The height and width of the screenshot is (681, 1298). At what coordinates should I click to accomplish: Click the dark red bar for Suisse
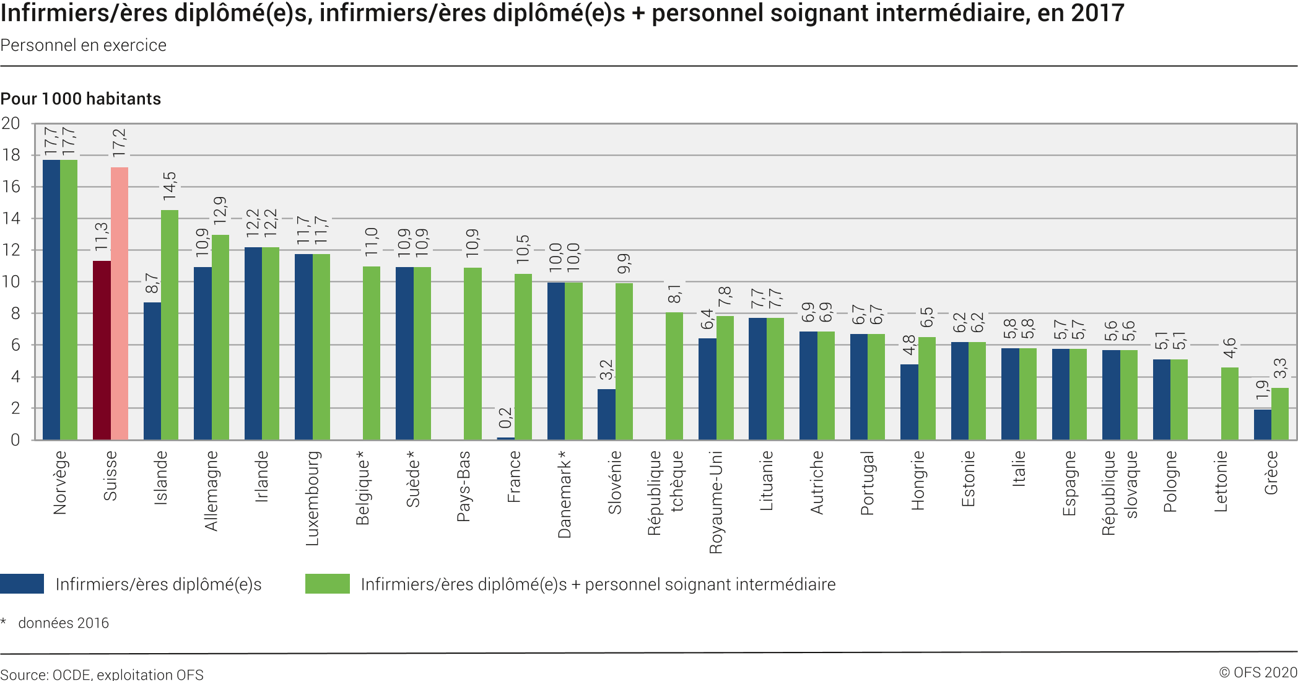coord(102,350)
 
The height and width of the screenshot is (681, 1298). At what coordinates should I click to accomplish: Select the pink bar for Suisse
coord(120,304)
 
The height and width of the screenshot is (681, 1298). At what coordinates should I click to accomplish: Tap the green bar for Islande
coord(170,325)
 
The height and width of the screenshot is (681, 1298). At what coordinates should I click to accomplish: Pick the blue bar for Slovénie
coord(606,415)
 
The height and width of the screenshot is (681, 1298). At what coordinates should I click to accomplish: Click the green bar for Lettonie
coord(1229,404)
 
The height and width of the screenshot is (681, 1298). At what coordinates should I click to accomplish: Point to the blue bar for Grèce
coord(1262,424)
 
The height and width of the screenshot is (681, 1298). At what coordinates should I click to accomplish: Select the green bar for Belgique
coord(372,353)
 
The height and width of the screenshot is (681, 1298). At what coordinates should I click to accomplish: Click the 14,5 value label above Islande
coord(170,186)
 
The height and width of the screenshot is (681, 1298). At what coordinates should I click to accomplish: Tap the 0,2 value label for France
coord(506,418)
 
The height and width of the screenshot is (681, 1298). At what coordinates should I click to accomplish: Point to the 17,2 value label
coord(119,143)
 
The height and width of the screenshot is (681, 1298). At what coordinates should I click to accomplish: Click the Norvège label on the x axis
coord(60,483)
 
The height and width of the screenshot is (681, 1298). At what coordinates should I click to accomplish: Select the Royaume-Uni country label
coord(717,502)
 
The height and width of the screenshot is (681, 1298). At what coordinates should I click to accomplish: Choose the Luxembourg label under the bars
coord(313,498)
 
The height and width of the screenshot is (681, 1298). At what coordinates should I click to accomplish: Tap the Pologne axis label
coord(1170,481)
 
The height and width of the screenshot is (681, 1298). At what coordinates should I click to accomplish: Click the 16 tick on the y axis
coord(11,187)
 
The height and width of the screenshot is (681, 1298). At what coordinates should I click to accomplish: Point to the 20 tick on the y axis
coord(11,123)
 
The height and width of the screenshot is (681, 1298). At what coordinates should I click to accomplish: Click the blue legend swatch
coord(22,584)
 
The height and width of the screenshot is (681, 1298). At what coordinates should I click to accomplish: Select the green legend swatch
coord(327,584)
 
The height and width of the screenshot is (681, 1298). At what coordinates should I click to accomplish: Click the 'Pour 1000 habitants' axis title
coord(81,99)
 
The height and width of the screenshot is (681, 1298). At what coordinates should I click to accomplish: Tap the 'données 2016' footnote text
coord(63,623)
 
